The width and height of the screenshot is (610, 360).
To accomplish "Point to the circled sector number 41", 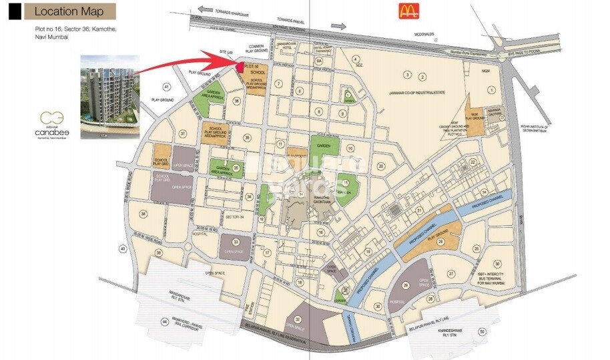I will [x=166, y=87].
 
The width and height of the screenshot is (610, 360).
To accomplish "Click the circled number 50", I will [x=482, y=331].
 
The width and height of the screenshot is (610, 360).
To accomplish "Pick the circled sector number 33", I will [x=235, y=241].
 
